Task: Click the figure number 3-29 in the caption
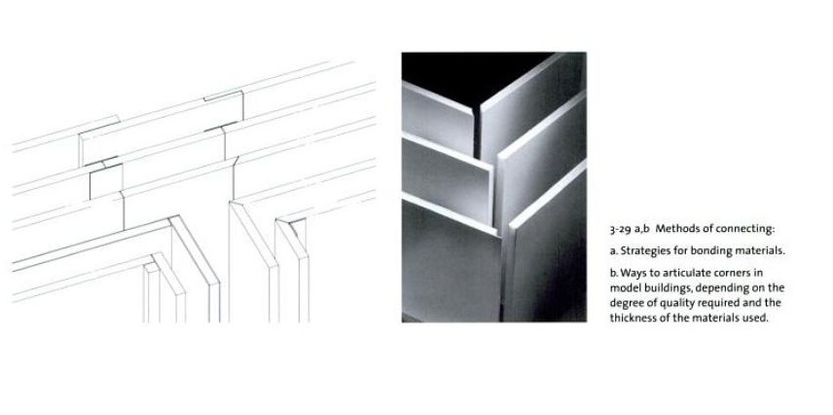pyautogui.click(x=620, y=229)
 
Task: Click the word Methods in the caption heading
pyautogui.click(x=674, y=229)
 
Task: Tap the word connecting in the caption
pyautogui.click(x=744, y=229)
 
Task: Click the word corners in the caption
pyautogui.click(x=728, y=274)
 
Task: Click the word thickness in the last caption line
pyautogui.click(x=632, y=319)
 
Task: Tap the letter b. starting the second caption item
pyautogui.click(x=614, y=273)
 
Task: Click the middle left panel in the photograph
pyautogui.click(x=445, y=178)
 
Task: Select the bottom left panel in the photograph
pyautogui.click(x=451, y=261)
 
